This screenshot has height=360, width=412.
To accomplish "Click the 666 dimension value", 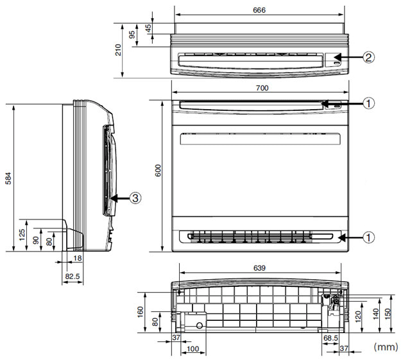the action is tap(259, 10).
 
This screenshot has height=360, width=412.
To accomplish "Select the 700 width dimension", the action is tap(262, 88).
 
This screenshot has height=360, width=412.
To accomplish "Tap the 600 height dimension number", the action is tap(158, 170).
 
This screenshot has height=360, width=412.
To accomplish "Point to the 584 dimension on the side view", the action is tap(8, 178).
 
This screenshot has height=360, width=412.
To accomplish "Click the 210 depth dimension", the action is tap(118, 50).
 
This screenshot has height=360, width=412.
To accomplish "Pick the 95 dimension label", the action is tap(132, 35).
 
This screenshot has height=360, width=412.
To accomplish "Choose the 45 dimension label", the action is tap(148, 28).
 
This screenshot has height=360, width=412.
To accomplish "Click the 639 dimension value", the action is tap(259, 268).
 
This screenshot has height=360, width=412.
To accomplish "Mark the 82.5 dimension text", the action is tap(73, 276).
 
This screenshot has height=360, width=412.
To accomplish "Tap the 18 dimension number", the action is tap(77, 258).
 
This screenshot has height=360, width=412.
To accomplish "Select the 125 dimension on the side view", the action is tap(22, 234).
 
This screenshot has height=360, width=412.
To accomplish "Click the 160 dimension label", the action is tap(141, 312).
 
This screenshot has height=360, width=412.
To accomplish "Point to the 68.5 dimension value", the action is tap(330, 338).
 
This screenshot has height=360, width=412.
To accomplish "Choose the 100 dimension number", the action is tap(193, 349).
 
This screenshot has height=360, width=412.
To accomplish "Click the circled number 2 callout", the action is tap(368, 57).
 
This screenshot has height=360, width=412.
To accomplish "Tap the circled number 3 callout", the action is tap(135, 198).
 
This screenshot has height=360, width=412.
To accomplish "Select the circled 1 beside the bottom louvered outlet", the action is tap(368, 237).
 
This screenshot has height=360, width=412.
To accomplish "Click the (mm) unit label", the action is tap(386, 347).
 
